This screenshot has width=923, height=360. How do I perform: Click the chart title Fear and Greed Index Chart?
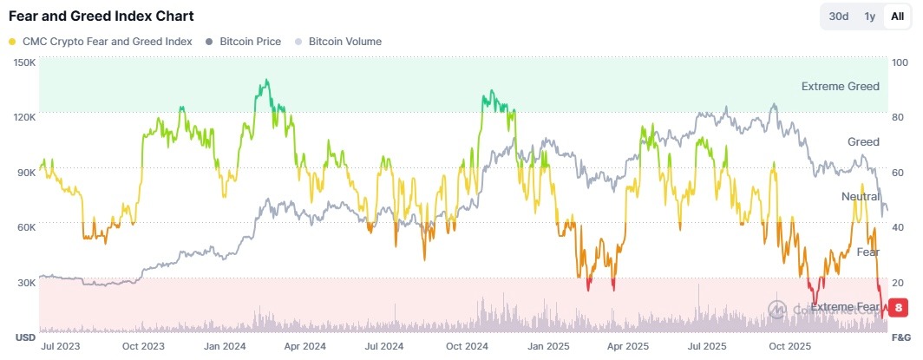(101, 16)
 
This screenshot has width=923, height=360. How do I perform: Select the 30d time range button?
(839, 16)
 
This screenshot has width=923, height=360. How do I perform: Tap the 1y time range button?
(869, 16)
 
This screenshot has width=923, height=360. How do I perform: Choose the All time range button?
(897, 16)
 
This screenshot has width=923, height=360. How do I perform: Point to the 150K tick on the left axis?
(23, 62)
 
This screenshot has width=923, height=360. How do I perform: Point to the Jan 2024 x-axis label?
(222, 345)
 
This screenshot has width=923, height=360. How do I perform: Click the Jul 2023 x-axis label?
(61, 345)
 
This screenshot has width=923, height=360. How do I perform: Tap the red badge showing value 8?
(900, 306)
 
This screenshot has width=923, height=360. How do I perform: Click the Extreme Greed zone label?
(840, 86)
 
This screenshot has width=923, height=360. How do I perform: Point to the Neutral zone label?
(860, 197)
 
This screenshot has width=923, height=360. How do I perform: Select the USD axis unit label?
(24, 337)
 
